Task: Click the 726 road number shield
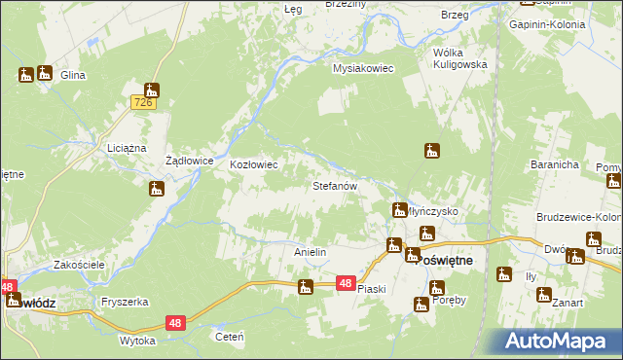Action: (143, 102)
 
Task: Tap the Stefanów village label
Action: (336, 184)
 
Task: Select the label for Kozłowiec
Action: (254, 165)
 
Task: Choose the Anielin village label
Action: (310, 252)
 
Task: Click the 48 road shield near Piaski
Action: (346, 282)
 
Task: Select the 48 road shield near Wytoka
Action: (175, 322)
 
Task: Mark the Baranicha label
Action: (555, 164)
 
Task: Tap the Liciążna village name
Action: (126, 148)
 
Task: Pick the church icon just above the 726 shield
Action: (152, 90)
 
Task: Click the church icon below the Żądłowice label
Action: (157, 189)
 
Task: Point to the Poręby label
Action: (449, 300)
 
